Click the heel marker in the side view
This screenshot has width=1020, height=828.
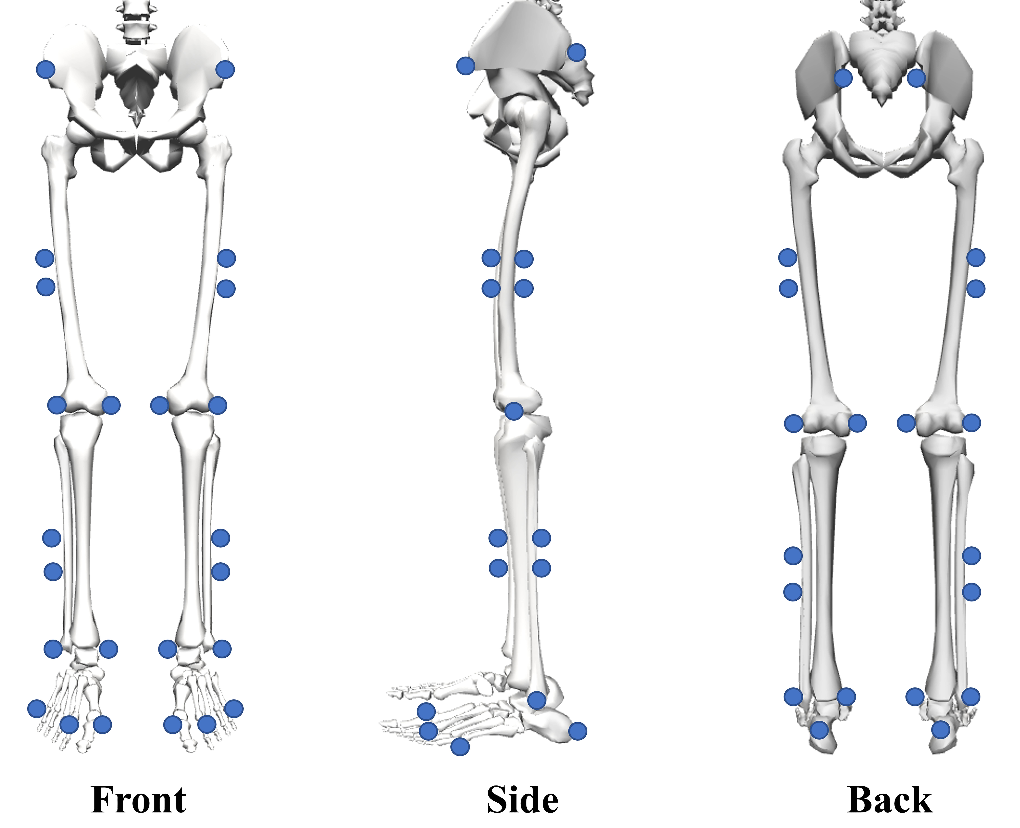(578, 731)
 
